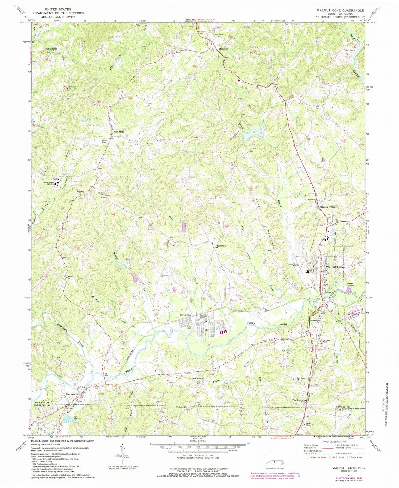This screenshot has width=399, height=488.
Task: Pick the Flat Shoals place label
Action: point(51,49)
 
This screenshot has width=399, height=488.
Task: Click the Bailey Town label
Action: point(328,207)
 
